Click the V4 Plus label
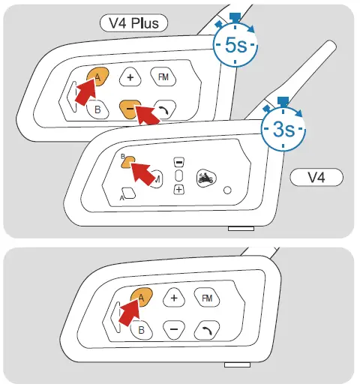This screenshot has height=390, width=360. tap(133, 23)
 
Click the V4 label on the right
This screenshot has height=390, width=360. tap(316, 178)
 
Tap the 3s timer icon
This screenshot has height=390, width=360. tap(283, 128)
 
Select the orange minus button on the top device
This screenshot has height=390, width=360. tap(130, 109)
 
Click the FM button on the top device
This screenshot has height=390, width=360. tap(162, 76)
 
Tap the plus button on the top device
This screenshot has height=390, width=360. tap(130, 77)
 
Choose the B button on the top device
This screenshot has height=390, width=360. tap(97, 109)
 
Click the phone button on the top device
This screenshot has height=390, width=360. tap(163, 108)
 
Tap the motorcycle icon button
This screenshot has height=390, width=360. tap(205, 178)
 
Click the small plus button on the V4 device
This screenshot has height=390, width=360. tap(178, 190)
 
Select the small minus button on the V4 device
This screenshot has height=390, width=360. tap(178, 162)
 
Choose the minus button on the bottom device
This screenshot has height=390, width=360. tap(174, 329)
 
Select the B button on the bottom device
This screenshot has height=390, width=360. tap(141, 329)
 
